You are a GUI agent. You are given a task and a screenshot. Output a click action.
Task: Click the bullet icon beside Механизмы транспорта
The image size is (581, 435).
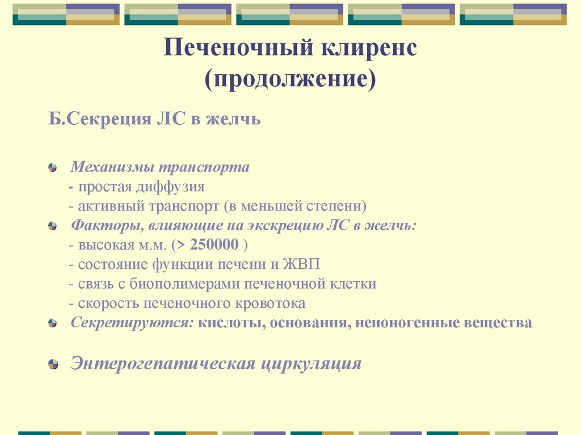tap(53, 168)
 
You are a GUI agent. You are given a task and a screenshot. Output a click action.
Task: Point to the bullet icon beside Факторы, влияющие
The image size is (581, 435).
tap(53, 226)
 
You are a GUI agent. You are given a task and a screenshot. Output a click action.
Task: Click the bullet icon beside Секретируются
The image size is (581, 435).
tap(53, 323)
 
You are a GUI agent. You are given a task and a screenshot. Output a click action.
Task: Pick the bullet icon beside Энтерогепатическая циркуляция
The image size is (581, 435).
tap(53, 364)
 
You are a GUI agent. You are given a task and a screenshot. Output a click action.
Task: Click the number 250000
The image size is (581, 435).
tap(215, 245)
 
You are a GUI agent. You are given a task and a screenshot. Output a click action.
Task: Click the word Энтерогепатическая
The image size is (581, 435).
tap(162, 363)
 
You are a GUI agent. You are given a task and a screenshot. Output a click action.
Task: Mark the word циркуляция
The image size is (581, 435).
tap(311, 363)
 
